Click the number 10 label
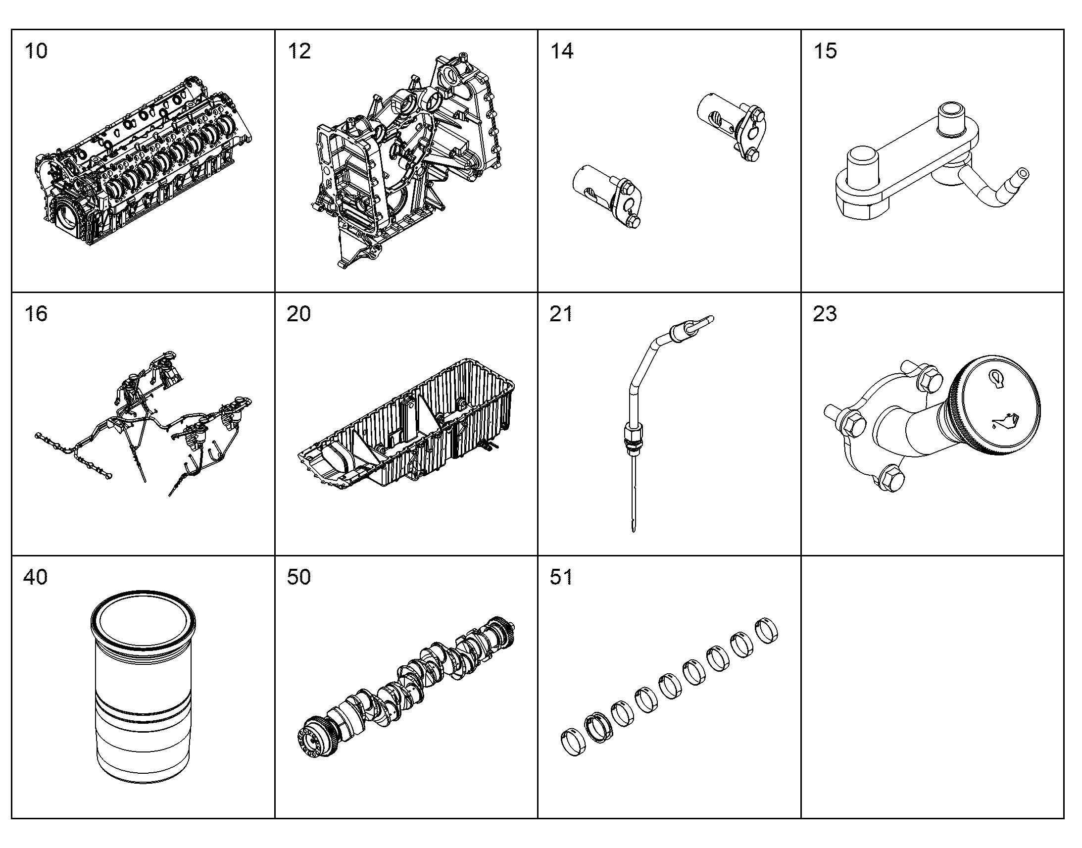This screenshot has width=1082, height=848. coord(36,51)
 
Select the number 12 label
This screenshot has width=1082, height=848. coord(299,51)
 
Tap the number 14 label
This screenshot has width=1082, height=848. coord(562,51)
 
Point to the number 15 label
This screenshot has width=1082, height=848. coord(825,51)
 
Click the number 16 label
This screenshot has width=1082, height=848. coord(36,314)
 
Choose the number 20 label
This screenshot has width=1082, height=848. coord(299,314)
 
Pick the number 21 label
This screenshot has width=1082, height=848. coord(561,314)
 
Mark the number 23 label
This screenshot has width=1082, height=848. coord(825,314)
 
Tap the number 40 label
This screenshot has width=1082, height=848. coord(36,577)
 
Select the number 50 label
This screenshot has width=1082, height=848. coord(299,577)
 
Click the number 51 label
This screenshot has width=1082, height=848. coord(561,577)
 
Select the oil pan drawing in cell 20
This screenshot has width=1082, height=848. coord(406,423)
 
